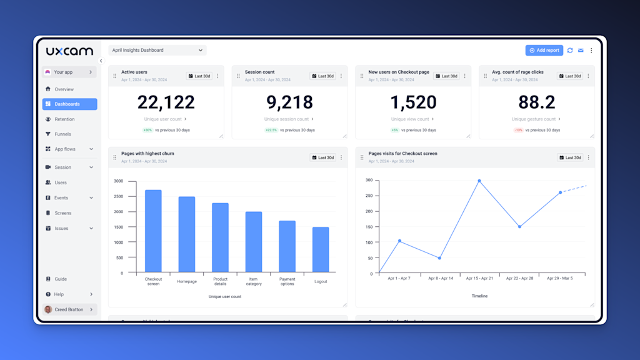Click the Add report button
click(x=544, y=50)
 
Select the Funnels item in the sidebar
click(x=62, y=134)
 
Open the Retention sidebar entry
click(x=64, y=119)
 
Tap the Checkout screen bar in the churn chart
click(x=153, y=231)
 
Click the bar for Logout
click(x=321, y=249)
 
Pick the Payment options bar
click(x=287, y=246)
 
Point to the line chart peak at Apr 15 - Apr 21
click(x=479, y=181)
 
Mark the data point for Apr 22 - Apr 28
click(x=519, y=226)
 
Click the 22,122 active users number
click(x=166, y=102)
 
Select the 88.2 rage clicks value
click(x=536, y=102)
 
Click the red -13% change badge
click(x=518, y=130)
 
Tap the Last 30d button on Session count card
click(x=322, y=76)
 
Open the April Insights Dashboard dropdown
click(x=157, y=50)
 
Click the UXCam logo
click(x=69, y=51)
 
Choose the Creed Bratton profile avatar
click(x=48, y=309)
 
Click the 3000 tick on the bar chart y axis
click(x=118, y=181)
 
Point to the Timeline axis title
click(x=479, y=296)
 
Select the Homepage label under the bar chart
click(x=187, y=281)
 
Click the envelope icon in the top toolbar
click(x=581, y=50)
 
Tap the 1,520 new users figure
click(x=413, y=102)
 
